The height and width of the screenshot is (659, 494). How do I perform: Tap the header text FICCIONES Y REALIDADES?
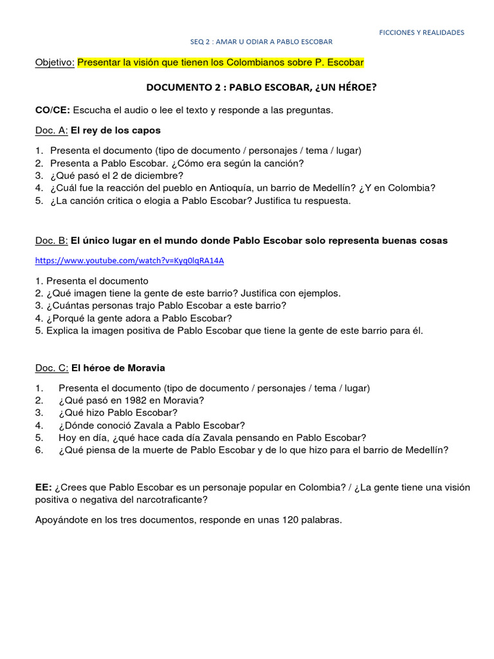click(x=421, y=32)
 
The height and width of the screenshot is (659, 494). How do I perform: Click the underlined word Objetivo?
click(x=55, y=62)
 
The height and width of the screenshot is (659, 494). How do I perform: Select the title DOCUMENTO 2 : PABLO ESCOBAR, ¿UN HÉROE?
click(x=261, y=87)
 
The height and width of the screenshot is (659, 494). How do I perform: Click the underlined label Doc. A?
click(x=51, y=131)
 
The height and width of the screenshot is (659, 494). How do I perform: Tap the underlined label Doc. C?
click(x=51, y=368)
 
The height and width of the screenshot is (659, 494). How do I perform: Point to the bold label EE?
click(x=43, y=487)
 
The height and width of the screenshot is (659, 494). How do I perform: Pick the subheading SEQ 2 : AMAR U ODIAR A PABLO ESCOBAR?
click(x=261, y=42)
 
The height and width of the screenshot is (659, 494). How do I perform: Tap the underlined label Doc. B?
click(x=51, y=241)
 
